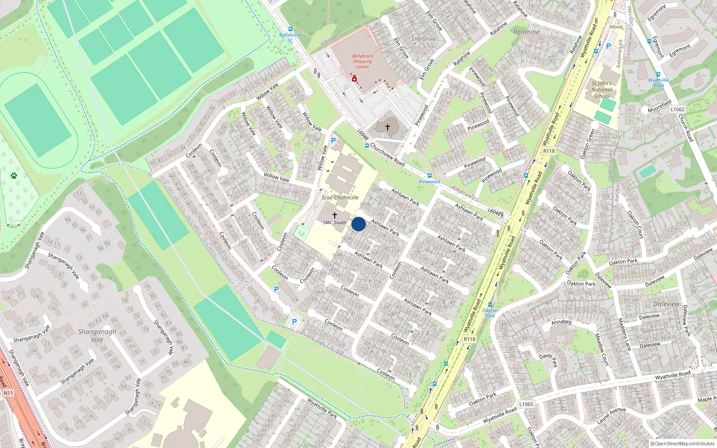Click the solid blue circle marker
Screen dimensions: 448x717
358,224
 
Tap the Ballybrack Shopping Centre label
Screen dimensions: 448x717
363,61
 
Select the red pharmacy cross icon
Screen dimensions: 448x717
354,79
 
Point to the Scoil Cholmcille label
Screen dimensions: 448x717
340,198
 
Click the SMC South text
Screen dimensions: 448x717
335,223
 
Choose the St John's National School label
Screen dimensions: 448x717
601,90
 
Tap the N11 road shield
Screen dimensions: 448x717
9,393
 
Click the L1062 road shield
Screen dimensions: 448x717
678,109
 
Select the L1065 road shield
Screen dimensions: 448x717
526,404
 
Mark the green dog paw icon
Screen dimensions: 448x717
14,176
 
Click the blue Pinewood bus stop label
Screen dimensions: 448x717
429,181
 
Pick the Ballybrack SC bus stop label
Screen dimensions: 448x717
290,37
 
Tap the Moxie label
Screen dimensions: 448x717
616,27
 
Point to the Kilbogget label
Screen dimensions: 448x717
330,39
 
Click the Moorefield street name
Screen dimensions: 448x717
659,107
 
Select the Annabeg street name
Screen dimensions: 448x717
562,322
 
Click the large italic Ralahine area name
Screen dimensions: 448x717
527,32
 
